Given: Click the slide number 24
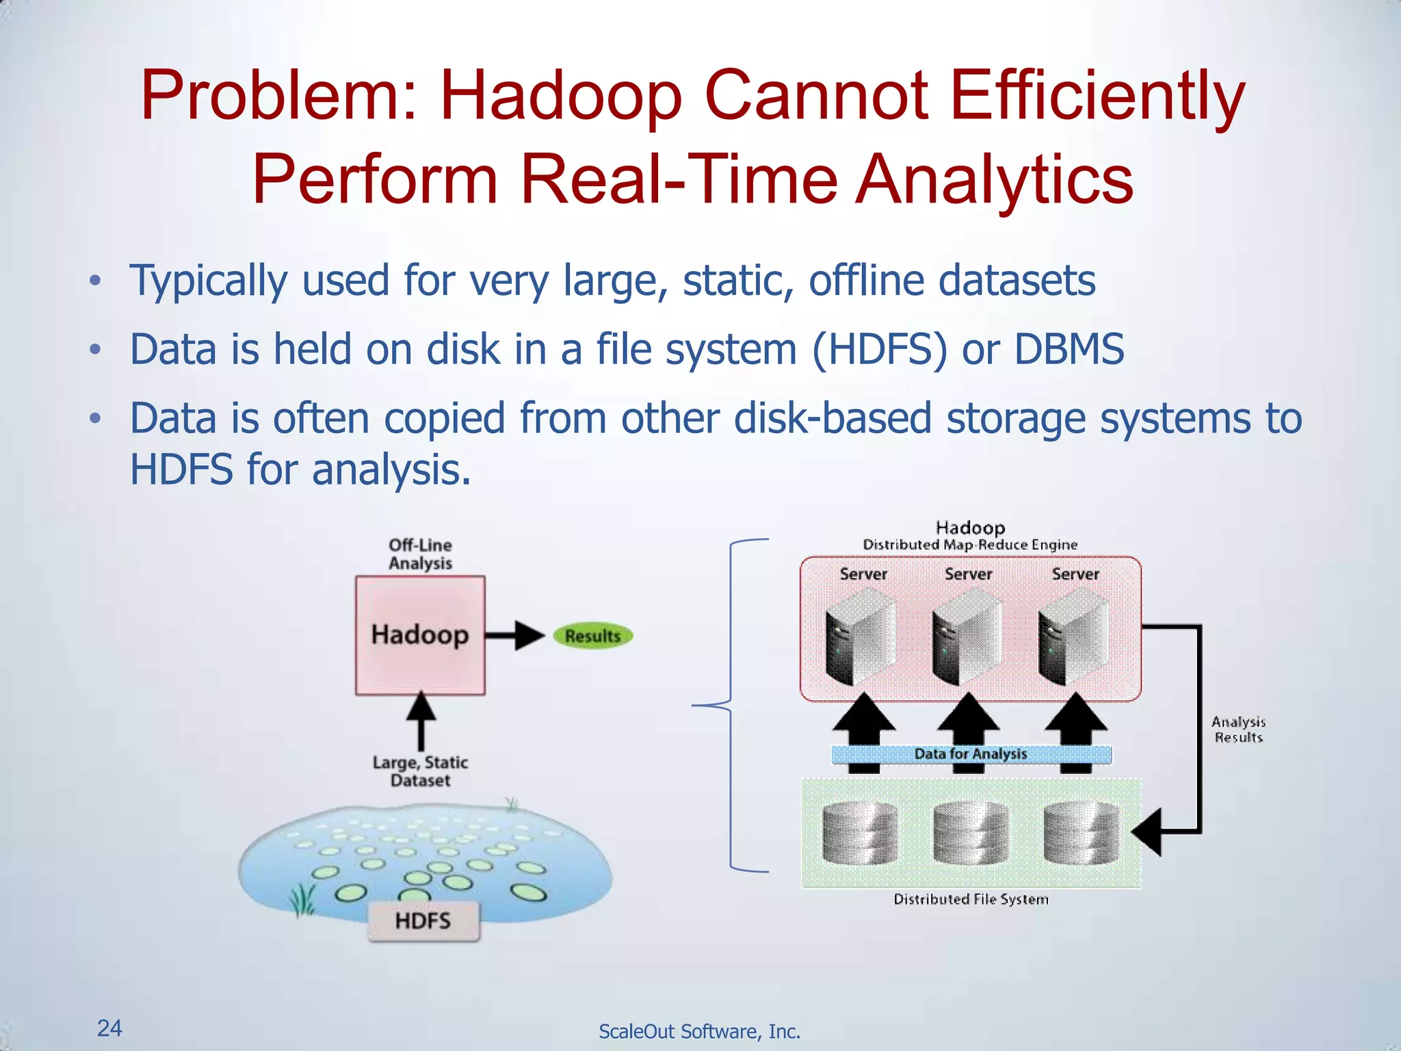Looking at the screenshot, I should (x=109, y=1028).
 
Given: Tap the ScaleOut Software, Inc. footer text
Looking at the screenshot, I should (x=699, y=1031).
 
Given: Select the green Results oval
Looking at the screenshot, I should (x=592, y=636).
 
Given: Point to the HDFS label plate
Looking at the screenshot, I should (x=423, y=921).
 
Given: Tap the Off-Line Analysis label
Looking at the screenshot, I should (x=420, y=554).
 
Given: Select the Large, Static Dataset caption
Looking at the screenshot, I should (x=420, y=771).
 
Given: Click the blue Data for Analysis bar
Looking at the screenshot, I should (x=971, y=754).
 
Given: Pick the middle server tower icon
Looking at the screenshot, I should (x=967, y=638).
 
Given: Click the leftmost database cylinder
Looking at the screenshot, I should (x=860, y=833).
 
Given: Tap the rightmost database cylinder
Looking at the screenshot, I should (x=1081, y=833).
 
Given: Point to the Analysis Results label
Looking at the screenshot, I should (x=1238, y=729).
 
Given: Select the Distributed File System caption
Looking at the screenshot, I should (x=971, y=899).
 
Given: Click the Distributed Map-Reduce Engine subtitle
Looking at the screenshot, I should (x=970, y=545).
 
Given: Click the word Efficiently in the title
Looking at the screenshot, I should (x=1097, y=96).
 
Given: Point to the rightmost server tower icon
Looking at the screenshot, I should (x=1073, y=638).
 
